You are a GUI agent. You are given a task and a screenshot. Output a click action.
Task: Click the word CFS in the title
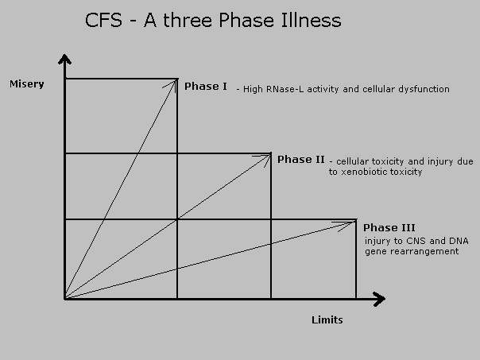[103, 21]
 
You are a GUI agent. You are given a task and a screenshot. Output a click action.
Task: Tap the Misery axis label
[27, 84]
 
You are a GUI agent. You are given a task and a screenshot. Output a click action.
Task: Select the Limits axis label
[327, 320]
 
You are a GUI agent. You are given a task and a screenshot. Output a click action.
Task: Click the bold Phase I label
[206, 87]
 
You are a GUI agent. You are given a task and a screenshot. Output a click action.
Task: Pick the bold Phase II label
[300, 160]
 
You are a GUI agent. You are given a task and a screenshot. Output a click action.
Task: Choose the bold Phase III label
[389, 228]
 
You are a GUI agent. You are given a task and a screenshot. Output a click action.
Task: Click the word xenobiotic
[360, 172]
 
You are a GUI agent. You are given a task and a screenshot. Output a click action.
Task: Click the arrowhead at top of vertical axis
[64, 59]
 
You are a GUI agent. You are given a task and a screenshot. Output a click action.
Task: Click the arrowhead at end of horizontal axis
[380, 299]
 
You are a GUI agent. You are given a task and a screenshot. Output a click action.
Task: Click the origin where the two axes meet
[65, 299]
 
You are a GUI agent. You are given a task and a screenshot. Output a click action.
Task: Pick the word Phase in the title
[246, 21]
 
